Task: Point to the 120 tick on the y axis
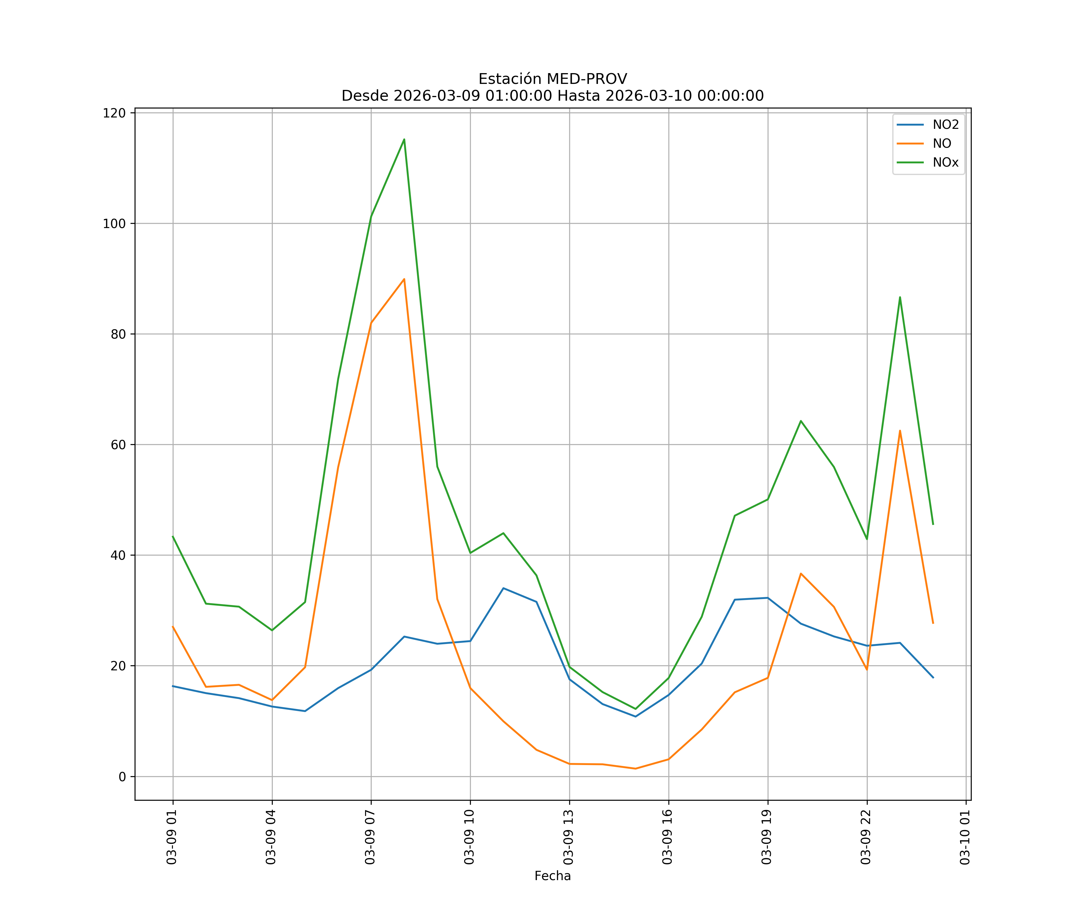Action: (114, 113)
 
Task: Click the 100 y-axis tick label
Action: (114, 224)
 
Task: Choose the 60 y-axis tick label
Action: (118, 445)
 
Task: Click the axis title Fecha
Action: (552, 876)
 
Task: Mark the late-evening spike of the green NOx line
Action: (900, 297)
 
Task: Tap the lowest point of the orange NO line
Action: (636, 769)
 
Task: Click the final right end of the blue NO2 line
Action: (933, 678)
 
